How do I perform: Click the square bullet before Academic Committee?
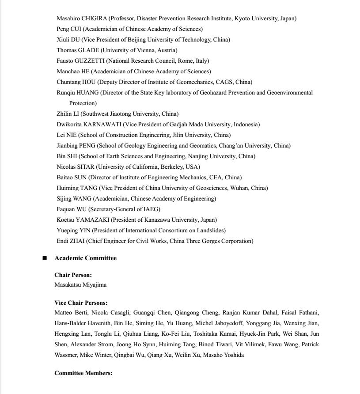click(45, 258)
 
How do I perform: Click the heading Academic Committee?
click(85, 258)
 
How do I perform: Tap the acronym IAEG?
click(151, 209)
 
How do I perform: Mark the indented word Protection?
click(83, 103)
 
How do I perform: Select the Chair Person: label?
click(73, 275)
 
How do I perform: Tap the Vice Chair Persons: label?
click(81, 303)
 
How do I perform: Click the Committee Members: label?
click(83, 373)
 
